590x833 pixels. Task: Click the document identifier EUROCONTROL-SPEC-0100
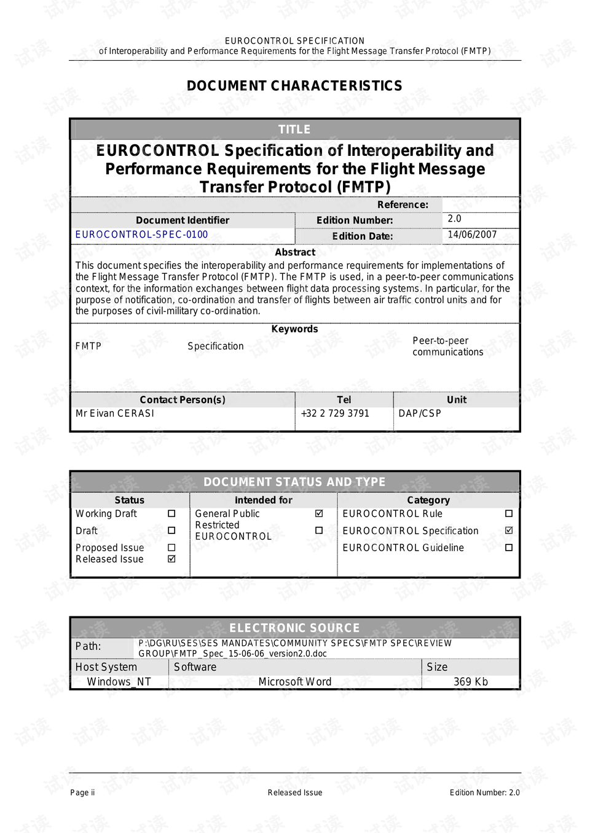pos(141,234)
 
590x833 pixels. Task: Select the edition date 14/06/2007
pos(472,234)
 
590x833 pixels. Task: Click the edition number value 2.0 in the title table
pos(454,219)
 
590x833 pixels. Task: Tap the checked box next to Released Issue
pos(171,559)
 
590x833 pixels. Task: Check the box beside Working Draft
pos(171,513)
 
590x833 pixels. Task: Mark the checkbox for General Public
pos(319,513)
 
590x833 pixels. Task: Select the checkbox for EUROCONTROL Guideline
pos(509,548)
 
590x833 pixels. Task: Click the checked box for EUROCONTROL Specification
pos(509,530)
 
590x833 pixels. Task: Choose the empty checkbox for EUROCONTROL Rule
pos(509,513)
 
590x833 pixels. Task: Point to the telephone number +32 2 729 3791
pos(335,413)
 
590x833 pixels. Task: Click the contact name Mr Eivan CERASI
pos(115,413)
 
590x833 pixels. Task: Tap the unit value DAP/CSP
pos(420,413)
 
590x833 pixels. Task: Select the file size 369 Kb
pos(471,681)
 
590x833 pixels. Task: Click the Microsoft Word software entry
pos(295,681)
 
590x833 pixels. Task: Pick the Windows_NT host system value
pos(119,681)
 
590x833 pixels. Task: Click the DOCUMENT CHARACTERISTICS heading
pos(294,86)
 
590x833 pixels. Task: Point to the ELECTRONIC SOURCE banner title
pos(294,628)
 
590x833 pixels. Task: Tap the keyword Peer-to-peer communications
pos(447,346)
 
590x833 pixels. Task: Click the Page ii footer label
pos(82,792)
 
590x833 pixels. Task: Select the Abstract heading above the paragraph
pos(295,252)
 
